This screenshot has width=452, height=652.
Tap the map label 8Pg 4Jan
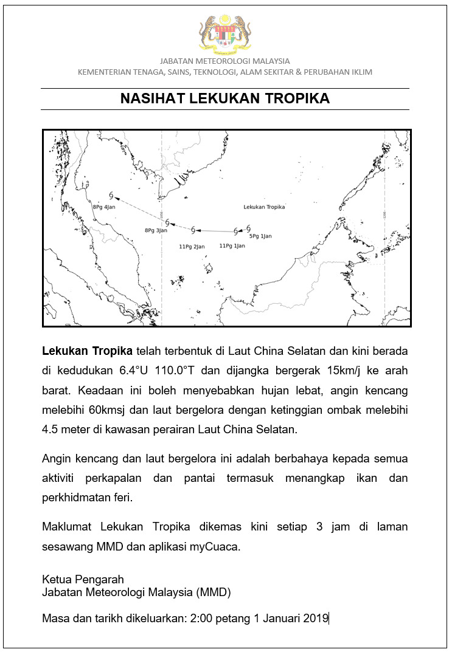pyautogui.click(x=104, y=207)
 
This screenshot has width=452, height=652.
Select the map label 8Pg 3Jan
pyautogui.click(x=156, y=230)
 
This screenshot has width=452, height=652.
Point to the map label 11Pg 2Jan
pyautogui.click(x=192, y=246)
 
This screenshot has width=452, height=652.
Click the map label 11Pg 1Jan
pyautogui.click(x=232, y=245)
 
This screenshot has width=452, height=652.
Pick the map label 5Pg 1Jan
pyautogui.click(x=260, y=236)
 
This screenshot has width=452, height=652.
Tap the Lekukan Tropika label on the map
pyautogui.click(x=264, y=207)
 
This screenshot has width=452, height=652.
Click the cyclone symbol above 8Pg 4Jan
pyautogui.click(x=111, y=195)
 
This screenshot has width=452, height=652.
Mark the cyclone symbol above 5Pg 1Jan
pyautogui.click(x=248, y=228)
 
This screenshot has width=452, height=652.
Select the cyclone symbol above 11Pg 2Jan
pyautogui.click(x=193, y=230)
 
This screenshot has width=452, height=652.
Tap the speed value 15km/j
pyautogui.click(x=345, y=371)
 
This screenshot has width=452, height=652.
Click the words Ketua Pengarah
pyautogui.click(x=83, y=579)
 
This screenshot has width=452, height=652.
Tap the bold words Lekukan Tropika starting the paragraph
pyautogui.click(x=88, y=351)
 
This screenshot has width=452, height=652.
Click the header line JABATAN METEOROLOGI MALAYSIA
pyautogui.click(x=225, y=61)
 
